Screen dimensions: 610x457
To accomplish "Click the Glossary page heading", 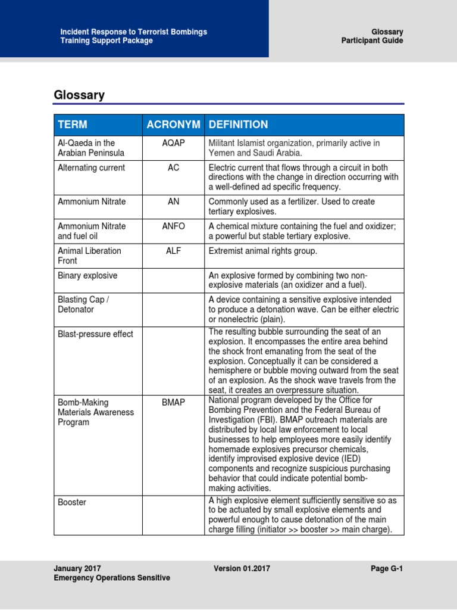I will coord(79,95).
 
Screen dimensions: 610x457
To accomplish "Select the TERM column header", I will coord(72,125).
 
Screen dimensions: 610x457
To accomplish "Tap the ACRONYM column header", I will coord(173,125).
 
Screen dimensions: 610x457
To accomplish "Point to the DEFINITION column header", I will coord(238,125).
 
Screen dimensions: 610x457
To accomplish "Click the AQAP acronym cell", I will coord(173,143).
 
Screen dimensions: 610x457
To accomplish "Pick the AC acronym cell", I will coord(173,168).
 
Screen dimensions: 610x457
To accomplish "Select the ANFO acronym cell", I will coord(173,226).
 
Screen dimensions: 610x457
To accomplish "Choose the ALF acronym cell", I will coord(173,251).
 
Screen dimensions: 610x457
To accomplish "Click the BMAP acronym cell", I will coord(173,403).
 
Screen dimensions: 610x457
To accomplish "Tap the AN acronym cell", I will coord(173,202).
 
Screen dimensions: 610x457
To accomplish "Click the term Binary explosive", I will coord(87,276).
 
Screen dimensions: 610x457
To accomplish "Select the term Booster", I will coord(72,502).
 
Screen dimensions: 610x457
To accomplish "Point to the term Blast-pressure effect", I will coord(95,334).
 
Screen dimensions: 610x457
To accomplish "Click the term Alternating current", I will coord(91,168).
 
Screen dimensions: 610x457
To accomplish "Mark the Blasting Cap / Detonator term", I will coord(83,304).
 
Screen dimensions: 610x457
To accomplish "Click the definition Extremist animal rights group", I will coord(263,251).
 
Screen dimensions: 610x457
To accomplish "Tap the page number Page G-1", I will coord(387,569).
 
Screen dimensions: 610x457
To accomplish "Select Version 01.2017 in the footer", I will coord(242,569).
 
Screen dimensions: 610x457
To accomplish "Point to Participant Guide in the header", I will coord(372,41).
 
